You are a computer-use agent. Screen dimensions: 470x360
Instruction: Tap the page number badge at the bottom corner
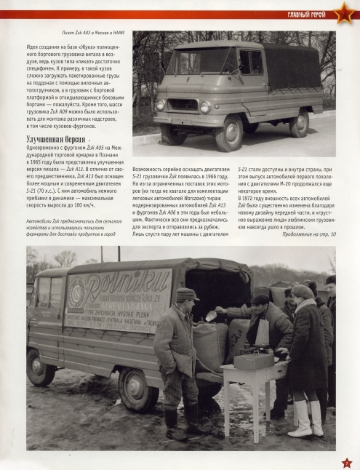point(346,462)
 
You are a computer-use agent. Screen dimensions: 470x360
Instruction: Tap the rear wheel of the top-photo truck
point(298,124)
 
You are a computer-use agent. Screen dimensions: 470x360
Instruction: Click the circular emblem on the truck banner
point(76,289)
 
